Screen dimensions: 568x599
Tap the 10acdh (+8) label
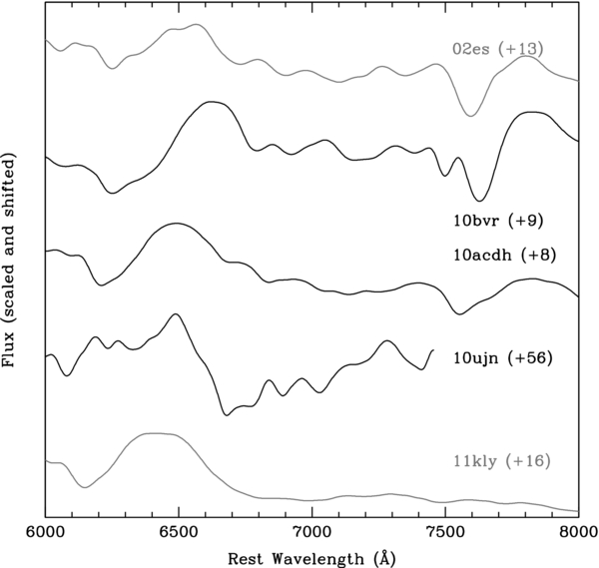pyautogui.click(x=502, y=255)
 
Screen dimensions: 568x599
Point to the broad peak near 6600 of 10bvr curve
pyautogui.click(x=211, y=103)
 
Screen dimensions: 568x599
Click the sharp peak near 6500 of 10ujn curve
pyautogui.click(x=177, y=314)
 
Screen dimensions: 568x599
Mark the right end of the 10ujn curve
pyautogui.click(x=432, y=350)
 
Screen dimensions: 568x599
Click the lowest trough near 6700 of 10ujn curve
pyautogui.click(x=227, y=413)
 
